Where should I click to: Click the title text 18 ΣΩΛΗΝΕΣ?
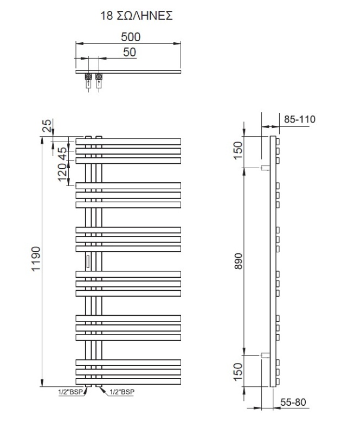coord(137,16)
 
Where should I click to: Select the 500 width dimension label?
coord(131,37)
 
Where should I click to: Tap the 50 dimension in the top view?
coord(130,52)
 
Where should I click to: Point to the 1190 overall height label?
coord(36,259)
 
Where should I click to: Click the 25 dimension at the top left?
coord(47,125)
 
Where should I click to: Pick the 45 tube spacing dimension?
coord(62,154)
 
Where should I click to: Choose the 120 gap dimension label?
coord(62,172)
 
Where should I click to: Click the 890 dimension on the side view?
coord(238,261)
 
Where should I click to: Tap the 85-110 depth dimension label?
coord(300,119)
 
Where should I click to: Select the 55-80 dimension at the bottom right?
coord(293,402)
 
